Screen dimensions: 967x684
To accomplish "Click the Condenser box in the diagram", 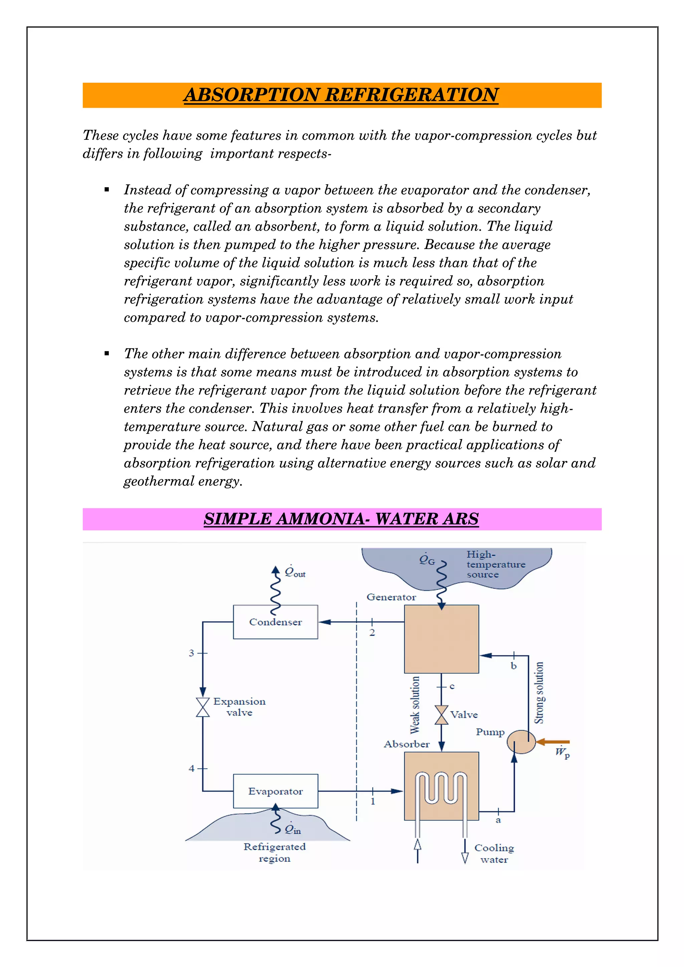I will tap(275, 622).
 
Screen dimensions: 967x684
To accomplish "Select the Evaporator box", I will tap(275, 791).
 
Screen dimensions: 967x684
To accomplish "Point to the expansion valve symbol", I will tap(203, 707).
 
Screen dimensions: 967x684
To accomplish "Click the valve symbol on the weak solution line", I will tap(441, 715).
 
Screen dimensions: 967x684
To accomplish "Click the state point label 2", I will tap(372, 633).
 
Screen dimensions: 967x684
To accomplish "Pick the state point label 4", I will tap(191, 768).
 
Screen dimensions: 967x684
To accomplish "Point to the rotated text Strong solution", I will tap(539, 692).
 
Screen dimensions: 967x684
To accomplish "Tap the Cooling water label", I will tap(494, 853).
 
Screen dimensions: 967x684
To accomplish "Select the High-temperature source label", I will tap(496, 564).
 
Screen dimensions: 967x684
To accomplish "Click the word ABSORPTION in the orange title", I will tap(251, 95).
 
